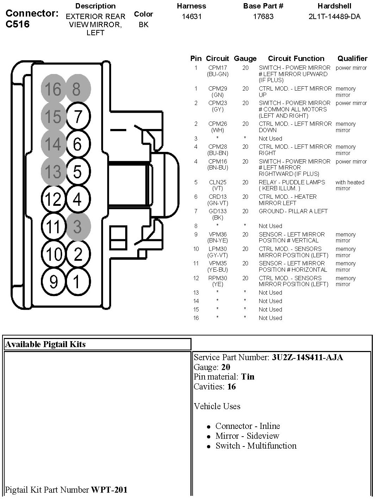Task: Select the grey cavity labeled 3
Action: (x=78, y=226)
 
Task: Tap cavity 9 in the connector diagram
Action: (x=53, y=282)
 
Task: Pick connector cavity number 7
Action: (x=78, y=116)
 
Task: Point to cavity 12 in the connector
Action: (x=53, y=199)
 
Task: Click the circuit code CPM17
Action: (x=217, y=68)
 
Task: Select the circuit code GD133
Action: (x=217, y=211)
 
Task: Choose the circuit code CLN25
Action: (x=217, y=182)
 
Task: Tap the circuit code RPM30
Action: (x=217, y=278)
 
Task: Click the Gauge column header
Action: (x=245, y=58)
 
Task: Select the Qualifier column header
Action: (x=352, y=58)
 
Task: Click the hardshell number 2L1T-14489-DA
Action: (x=334, y=17)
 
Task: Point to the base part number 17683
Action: (x=263, y=17)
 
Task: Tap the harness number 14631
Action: (x=192, y=17)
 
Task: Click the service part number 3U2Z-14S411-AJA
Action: (x=307, y=357)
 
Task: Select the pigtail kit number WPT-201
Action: (x=109, y=489)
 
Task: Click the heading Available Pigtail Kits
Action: (x=46, y=344)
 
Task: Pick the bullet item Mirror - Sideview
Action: (x=247, y=436)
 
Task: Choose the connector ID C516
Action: (x=18, y=24)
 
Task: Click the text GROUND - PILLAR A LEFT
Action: (x=293, y=211)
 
